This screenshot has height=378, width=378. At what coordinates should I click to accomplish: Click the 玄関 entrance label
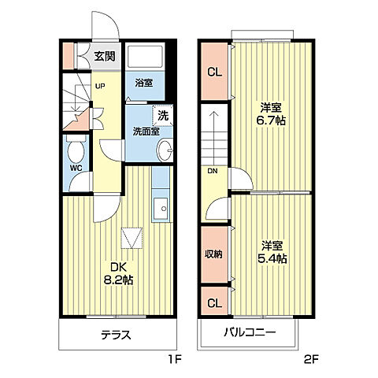pyautogui.click(x=103, y=56)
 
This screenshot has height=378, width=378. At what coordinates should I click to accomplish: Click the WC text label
pyautogui.click(x=76, y=168)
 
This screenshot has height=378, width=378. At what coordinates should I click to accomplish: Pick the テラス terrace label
pyautogui.click(x=116, y=335)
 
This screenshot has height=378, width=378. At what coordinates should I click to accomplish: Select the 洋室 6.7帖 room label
pyautogui.click(x=272, y=115)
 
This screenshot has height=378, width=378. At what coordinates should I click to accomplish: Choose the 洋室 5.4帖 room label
pyautogui.click(x=272, y=250)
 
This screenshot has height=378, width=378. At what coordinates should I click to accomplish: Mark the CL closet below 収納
pyautogui.click(x=213, y=302)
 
